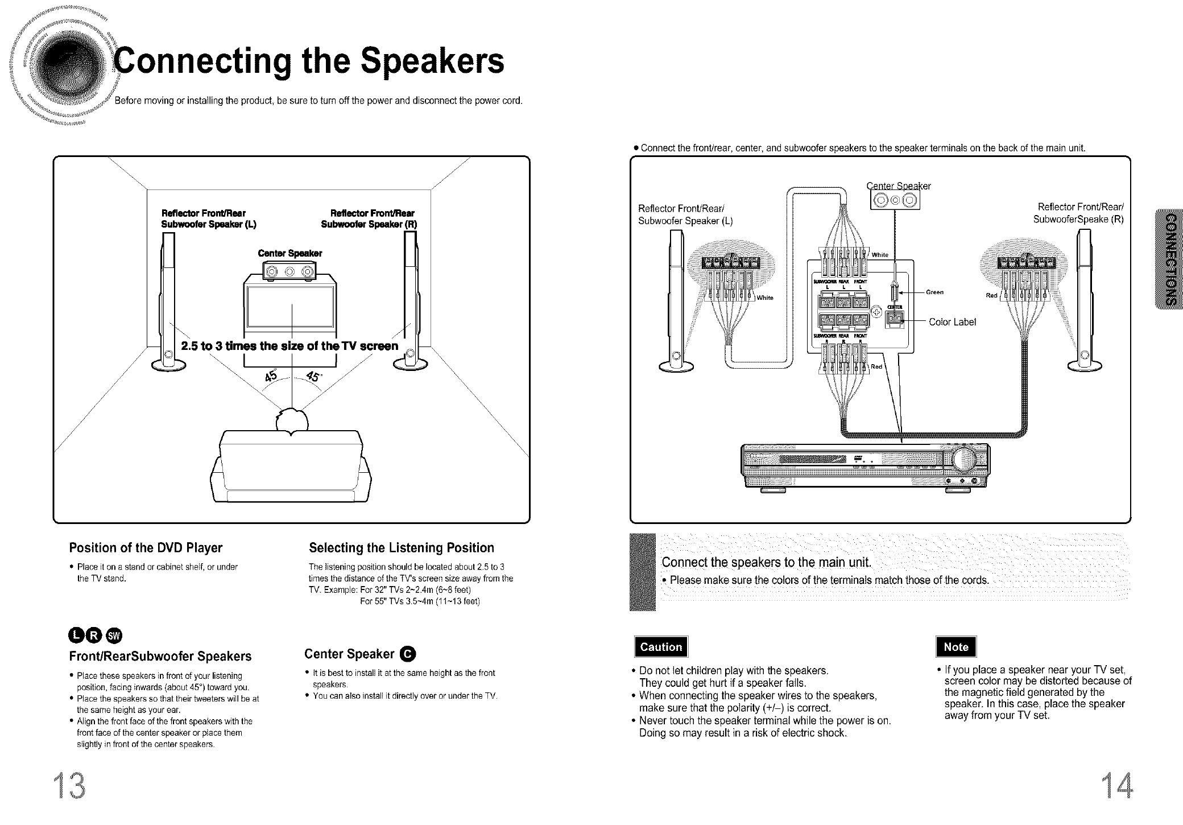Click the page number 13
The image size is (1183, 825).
pyautogui.click(x=71, y=786)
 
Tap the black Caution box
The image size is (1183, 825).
pyautogui.click(x=660, y=647)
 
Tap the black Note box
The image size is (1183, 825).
pyautogui.click(x=955, y=647)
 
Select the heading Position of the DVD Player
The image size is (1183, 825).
pyautogui.click(x=146, y=548)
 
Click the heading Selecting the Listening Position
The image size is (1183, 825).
pyautogui.click(x=401, y=548)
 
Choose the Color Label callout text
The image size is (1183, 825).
pyautogui.click(x=952, y=322)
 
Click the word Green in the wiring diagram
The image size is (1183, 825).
pyautogui.click(x=934, y=292)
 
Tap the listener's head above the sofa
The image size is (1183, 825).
pyautogui.click(x=291, y=422)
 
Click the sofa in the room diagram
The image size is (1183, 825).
pyautogui.click(x=291, y=467)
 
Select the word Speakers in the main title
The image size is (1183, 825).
pyautogui.click(x=432, y=61)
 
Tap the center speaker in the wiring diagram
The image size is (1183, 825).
pyautogui.click(x=895, y=200)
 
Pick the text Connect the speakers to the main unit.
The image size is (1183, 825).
pyautogui.click(x=766, y=563)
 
